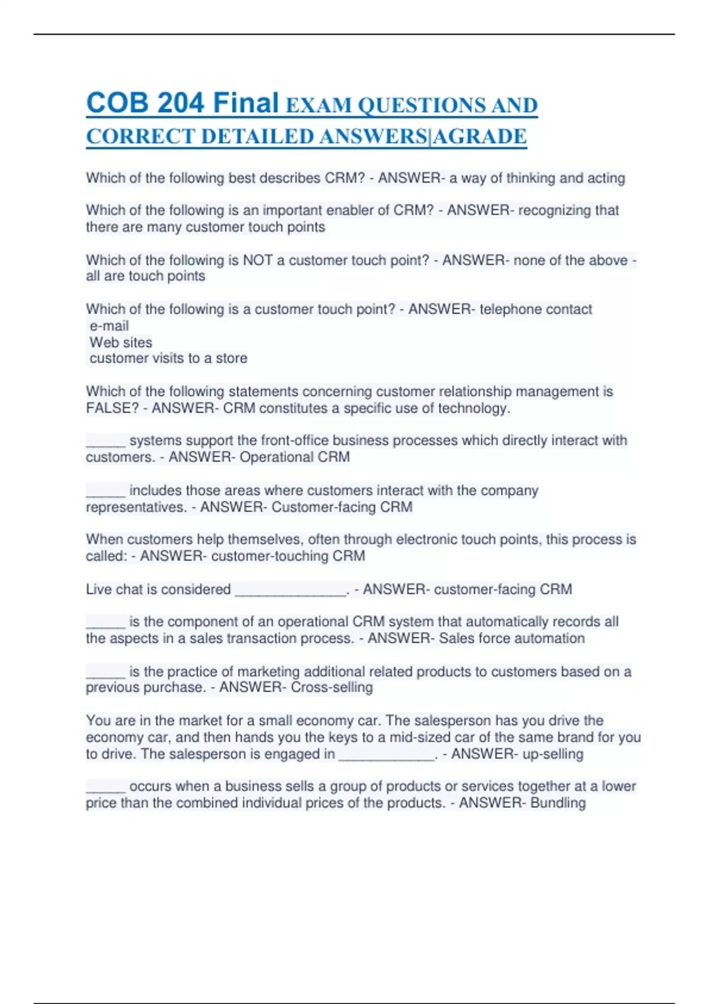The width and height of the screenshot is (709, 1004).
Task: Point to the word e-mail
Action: [x=109, y=325]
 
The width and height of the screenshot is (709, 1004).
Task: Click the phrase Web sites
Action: [x=121, y=342]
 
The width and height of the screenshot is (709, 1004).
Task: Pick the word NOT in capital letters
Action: [x=258, y=260]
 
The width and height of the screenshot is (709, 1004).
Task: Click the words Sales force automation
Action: [x=512, y=638]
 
